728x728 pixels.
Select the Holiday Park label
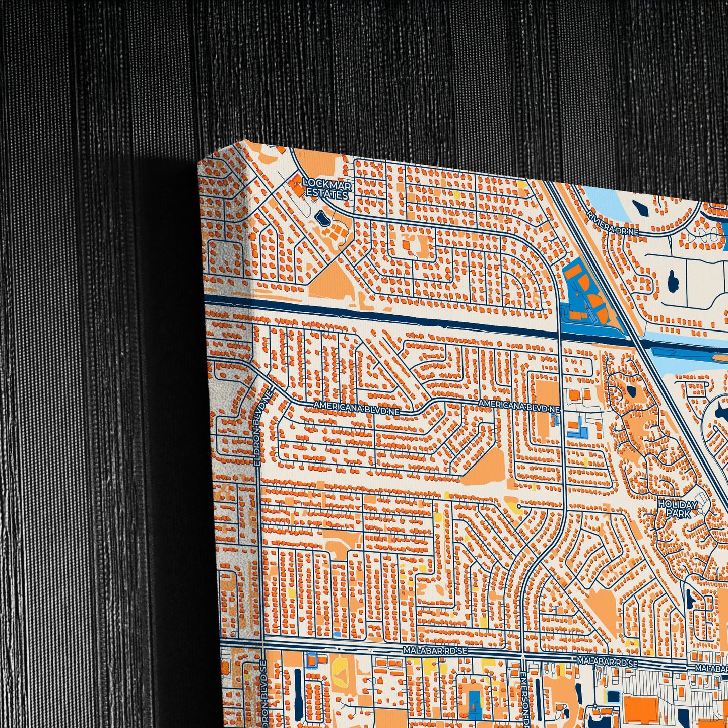click(678, 509)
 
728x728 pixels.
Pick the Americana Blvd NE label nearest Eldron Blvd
click(356, 407)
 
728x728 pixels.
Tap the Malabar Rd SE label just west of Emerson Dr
click(435, 651)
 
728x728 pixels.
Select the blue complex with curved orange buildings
click(584, 292)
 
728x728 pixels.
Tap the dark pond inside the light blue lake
click(642, 208)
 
